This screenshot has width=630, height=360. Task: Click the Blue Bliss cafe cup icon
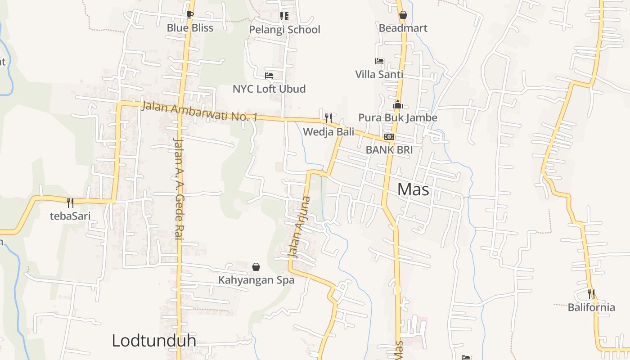click(x=189, y=14)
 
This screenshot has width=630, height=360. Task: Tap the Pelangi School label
click(x=285, y=30)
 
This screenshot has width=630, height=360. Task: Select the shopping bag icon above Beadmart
click(x=403, y=15)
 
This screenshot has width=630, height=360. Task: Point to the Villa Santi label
click(x=379, y=74)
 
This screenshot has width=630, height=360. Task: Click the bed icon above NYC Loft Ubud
click(x=269, y=75)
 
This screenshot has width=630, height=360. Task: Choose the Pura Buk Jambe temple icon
click(x=398, y=105)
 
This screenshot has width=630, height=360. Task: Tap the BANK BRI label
click(x=389, y=150)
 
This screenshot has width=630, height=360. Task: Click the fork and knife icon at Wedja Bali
click(x=328, y=118)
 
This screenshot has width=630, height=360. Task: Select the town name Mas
click(x=413, y=189)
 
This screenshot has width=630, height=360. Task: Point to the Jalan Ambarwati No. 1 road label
click(x=199, y=112)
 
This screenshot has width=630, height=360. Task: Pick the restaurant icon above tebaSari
click(x=70, y=202)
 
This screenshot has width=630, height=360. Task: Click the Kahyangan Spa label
click(x=256, y=280)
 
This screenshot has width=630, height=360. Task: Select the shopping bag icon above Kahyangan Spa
click(x=256, y=267)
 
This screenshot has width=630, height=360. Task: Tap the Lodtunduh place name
click(x=153, y=340)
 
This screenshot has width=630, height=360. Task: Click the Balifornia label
click(x=591, y=307)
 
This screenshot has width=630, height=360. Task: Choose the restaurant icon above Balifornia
click(x=591, y=294)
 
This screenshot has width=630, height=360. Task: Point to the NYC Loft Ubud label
click(x=269, y=89)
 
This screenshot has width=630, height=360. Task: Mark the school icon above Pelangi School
click(x=284, y=16)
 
